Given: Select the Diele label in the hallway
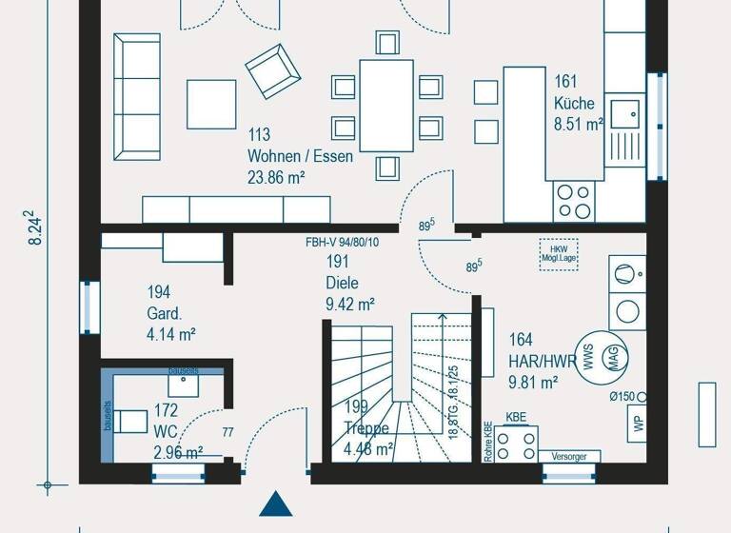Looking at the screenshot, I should (x=343, y=283).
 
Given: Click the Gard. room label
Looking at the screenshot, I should (x=164, y=313).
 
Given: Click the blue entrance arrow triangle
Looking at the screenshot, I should (x=274, y=504).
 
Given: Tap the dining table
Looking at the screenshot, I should (x=385, y=105).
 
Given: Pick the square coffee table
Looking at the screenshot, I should (x=210, y=104).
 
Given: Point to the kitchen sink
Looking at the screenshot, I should (x=625, y=114).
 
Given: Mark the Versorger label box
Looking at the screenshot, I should (x=569, y=457).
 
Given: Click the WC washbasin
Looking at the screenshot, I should (x=183, y=385).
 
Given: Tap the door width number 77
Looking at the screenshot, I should (x=228, y=433).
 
